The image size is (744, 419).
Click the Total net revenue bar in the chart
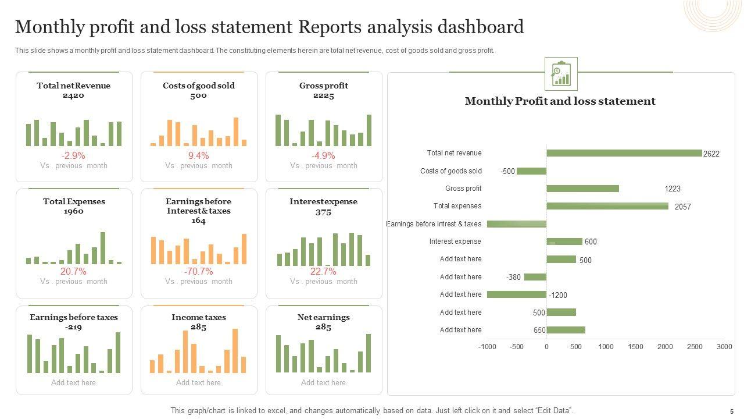click(624, 153)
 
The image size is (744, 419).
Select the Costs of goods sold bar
click(531, 171)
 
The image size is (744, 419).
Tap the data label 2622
click(711, 154)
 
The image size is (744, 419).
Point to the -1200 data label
click(558, 295)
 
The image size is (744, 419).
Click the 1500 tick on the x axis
click(635, 347)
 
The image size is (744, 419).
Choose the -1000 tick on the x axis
click(488, 347)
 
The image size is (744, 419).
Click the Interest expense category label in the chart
click(455, 242)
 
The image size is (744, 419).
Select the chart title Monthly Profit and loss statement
click(560, 101)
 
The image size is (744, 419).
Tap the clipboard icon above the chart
click(561, 74)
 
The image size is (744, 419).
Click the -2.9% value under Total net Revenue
click(73, 155)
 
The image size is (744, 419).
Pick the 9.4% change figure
click(198, 155)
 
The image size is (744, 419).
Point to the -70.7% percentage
click(198, 271)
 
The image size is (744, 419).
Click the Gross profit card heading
click(324, 86)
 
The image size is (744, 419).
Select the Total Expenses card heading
click(74, 201)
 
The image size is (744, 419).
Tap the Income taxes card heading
click(199, 317)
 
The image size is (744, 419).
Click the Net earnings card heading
click(324, 317)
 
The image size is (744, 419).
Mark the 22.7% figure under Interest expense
click(323, 271)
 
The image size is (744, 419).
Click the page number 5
click(732, 411)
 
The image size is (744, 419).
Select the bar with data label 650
click(566, 330)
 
